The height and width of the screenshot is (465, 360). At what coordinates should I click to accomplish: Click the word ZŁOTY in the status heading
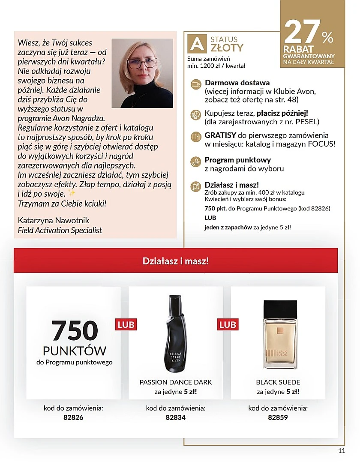(x=227, y=47)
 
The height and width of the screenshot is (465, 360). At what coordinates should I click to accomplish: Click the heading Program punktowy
(x=237, y=160)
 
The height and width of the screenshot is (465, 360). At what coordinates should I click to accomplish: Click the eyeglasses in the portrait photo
(x=142, y=63)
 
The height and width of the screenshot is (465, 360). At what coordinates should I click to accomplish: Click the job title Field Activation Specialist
(x=60, y=230)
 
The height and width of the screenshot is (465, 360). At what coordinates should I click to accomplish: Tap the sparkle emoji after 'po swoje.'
(x=72, y=194)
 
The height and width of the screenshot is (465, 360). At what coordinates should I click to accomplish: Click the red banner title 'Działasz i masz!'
(x=175, y=261)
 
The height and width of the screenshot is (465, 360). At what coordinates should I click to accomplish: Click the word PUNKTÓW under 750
(x=75, y=351)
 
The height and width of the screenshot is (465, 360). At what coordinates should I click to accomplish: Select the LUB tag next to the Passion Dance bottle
(x=126, y=324)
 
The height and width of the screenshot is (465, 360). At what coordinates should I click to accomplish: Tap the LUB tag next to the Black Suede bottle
(x=228, y=324)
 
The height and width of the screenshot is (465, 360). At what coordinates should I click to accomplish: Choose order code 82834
(x=175, y=417)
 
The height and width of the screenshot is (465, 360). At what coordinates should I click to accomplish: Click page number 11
(x=342, y=450)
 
